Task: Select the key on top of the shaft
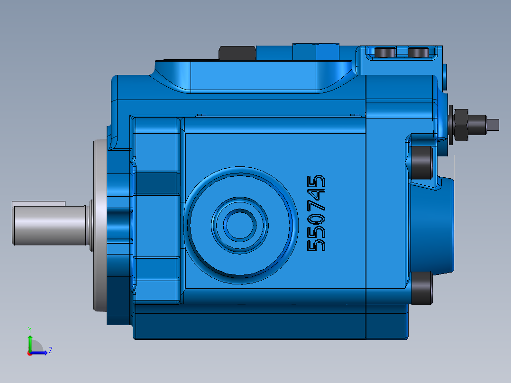(38, 203)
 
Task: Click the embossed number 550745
(317, 213)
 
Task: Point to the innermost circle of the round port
(239, 225)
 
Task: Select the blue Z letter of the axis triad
(50, 350)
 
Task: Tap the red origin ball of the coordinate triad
(29, 353)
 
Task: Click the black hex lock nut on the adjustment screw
(461, 125)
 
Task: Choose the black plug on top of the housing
(237, 53)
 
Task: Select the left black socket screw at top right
(385, 52)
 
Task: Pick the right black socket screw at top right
(418, 52)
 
